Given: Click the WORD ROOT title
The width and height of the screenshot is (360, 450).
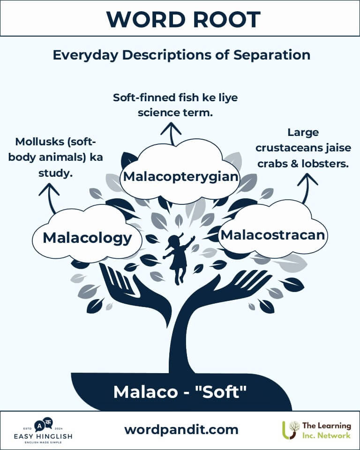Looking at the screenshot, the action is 183,19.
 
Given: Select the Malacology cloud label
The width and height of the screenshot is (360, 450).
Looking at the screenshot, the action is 87,238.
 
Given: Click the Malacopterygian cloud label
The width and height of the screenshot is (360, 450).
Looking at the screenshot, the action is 180,177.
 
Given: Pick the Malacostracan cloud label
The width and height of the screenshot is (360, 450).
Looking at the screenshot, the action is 273,235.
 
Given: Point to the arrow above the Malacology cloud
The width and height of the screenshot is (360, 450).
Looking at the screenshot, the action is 50,198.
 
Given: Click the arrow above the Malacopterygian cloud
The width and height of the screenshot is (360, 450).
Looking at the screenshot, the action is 171,134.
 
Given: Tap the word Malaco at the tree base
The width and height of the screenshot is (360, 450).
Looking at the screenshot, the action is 146,392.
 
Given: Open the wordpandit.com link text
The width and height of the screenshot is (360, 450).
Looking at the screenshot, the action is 181,430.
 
